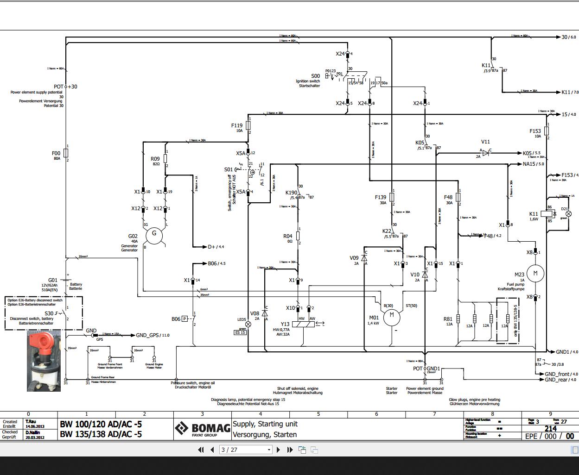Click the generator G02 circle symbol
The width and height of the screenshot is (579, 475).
pyautogui.click(x=154, y=235)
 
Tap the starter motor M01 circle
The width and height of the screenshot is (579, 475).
pyautogui.click(x=392, y=315)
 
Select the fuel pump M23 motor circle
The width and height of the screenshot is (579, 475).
pyautogui.click(x=535, y=273)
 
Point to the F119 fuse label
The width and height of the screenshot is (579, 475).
pyautogui.click(x=236, y=125)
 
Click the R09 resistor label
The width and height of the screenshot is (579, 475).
pyautogui.click(x=155, y=159)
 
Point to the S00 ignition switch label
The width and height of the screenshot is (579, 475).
pyautogui.click(x=315, y=76)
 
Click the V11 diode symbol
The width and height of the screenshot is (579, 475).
pyautogui.click(x=485, y=153)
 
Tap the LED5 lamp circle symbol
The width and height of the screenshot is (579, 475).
pyautogui.click(x=248, y=324)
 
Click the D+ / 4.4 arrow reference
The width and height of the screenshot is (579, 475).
pyautogui.click(x=216, y=247)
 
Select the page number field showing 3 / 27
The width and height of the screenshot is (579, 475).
pyautogui.click(x=246, y=450)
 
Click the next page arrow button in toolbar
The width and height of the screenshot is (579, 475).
pyautogui.click(x=278, y=450)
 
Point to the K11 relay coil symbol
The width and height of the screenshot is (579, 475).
pyautogui.click(x=549, y=214)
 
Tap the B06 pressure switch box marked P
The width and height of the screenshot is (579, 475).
pyautogui.click(x=185, y=319)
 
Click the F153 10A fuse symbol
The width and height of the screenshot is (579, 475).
pyautogui.click(x=547, y=131)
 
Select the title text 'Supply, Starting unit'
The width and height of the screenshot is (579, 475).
pyautogui.click(x=265, y=424)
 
